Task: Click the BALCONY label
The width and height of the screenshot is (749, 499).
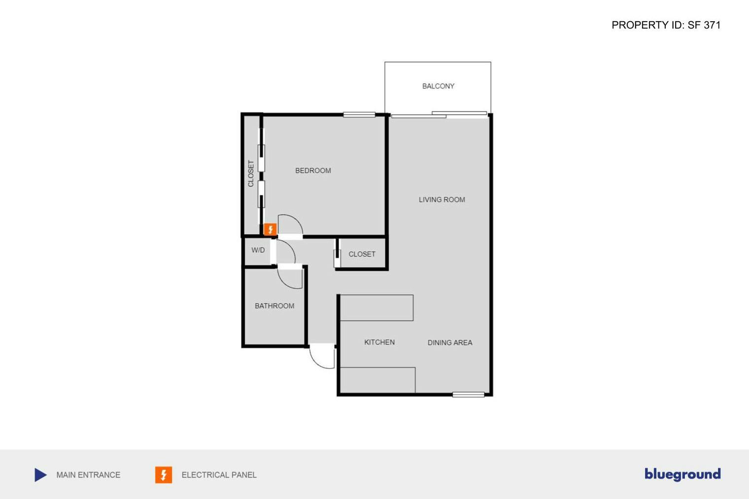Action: pyautogui.click(x=438, y=86)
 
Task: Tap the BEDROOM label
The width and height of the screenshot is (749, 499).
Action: pyautogui.click(x=313, y=170)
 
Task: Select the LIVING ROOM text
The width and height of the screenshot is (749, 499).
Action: pyautogui.click(x=442, y=200)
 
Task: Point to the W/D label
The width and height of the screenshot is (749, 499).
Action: pyautogui.click(x=258, y=250)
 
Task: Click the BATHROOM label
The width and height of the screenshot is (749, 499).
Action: pyautogui.click(x=274, y=306)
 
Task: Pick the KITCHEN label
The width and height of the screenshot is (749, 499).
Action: pyautogui.click(x=379, y=342)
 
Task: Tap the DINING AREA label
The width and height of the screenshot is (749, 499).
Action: pyautogui.click(x=449, y=342)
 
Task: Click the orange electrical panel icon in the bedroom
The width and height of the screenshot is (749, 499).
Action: pyautogui.click(x=270, y=230)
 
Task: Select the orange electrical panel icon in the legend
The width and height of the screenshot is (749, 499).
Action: pyautogui.click(x=164, y=475)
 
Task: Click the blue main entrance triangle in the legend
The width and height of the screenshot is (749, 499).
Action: pyautogui.click(x=40, y=475)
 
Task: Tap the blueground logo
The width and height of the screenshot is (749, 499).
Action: pyautogui.click(x=682, y=474)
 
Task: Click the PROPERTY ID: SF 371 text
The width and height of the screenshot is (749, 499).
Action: pyautogui.click(x=666, y=25)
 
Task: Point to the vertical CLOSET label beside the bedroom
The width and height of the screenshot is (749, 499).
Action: pyautogui.click(x=251, y=173)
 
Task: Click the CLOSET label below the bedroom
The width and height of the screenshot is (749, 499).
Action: pyautogui.click(x=362, y=254)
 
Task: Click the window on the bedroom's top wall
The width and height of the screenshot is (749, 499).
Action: pyautogui.click(x=359, y=115)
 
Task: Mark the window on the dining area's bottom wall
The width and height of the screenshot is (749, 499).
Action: pyautogui.click(x=468, y=395)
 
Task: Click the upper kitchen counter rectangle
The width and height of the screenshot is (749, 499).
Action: pyautogui.click(x=376, y=308)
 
